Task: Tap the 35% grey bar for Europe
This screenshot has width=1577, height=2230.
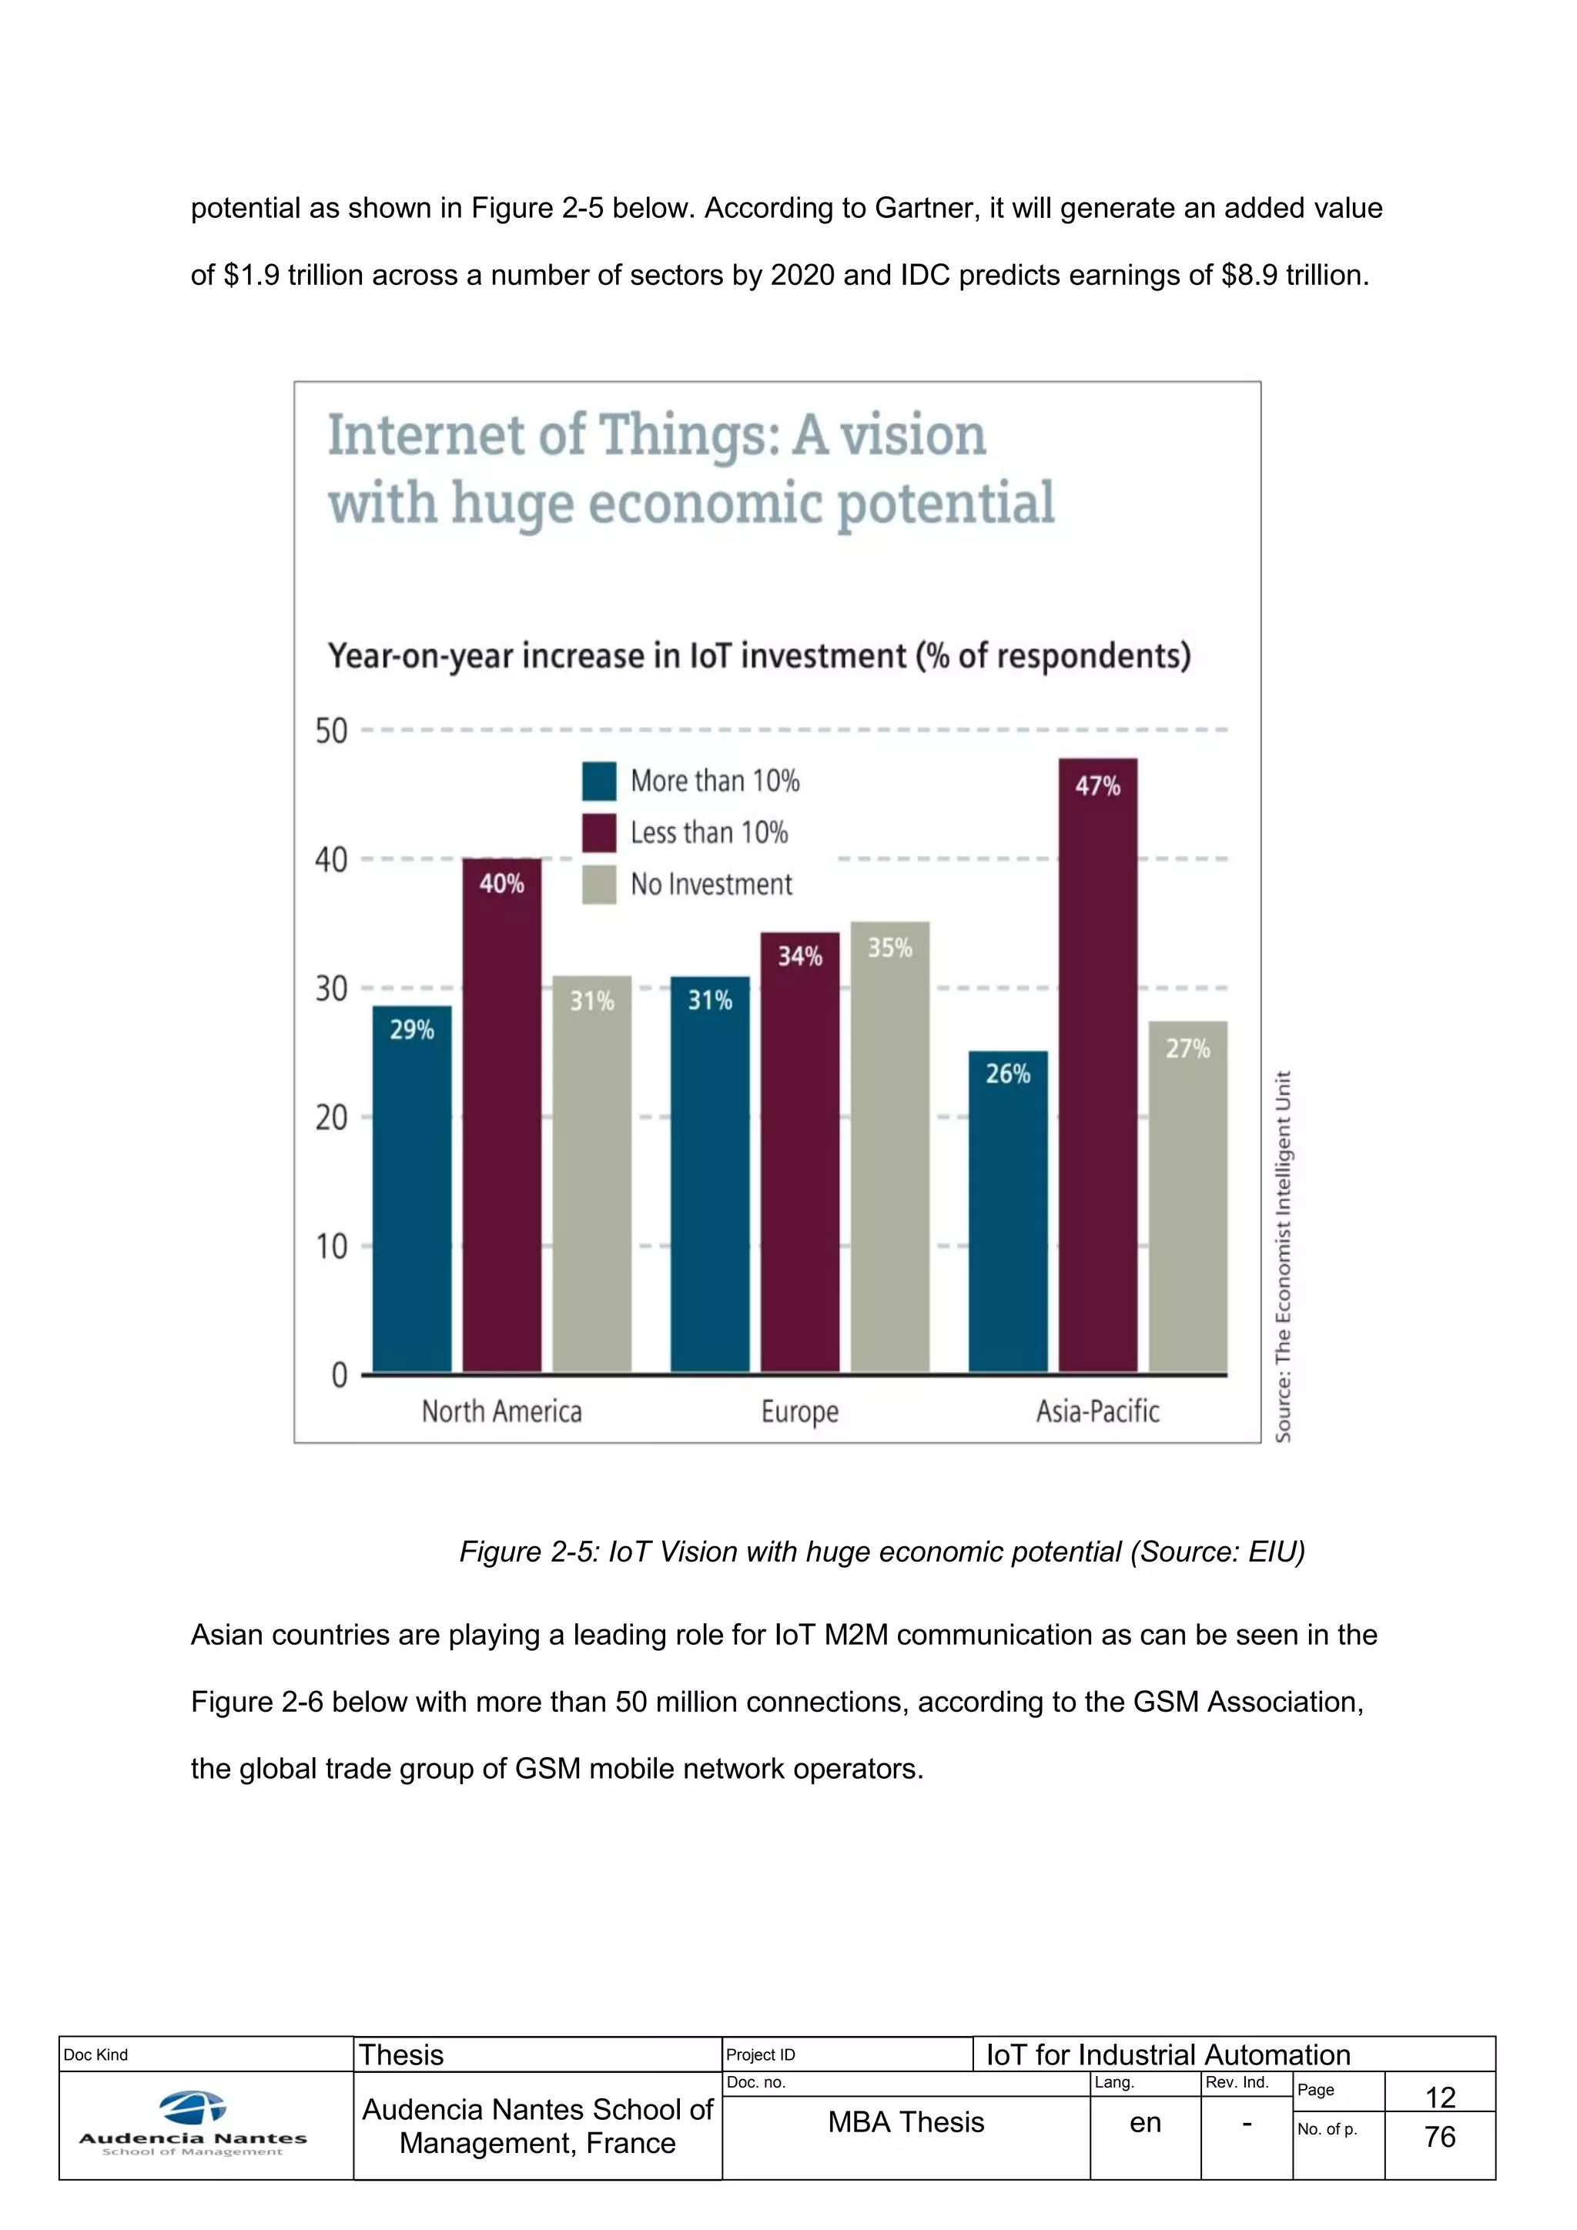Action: tap(889, 1146)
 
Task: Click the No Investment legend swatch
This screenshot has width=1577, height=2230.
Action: tap(599, 885)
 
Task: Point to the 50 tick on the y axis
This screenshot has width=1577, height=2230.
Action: tap(331, 731)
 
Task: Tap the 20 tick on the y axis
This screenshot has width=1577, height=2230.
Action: tap(331, 1118)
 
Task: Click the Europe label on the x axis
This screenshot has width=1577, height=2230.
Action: tap(799, 1411)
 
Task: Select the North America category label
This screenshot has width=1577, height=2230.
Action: tap(501, 1411)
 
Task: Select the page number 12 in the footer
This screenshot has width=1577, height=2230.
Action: tap(1439, 2097)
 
